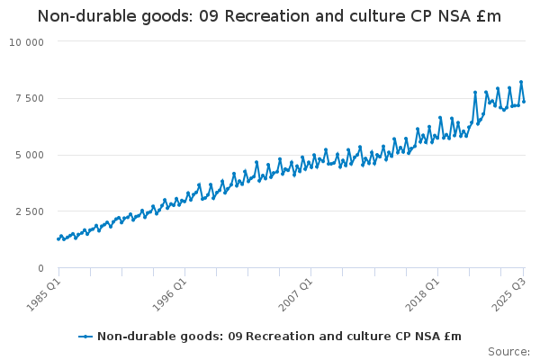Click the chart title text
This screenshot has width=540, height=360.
pos(269,16)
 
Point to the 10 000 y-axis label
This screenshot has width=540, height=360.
pos(26,41)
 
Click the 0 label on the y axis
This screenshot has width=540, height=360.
pos(40,268)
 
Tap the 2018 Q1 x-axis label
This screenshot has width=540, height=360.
pos(421,294)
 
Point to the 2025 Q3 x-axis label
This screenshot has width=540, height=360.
pos(507,294)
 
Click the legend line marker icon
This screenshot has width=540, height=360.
pos(85,337)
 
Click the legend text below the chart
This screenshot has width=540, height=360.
pos(279,337)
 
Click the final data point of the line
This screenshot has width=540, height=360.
pos(524,101)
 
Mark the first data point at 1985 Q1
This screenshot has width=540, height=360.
pos(58,238)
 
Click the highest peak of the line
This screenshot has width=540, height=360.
pos(520,82)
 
